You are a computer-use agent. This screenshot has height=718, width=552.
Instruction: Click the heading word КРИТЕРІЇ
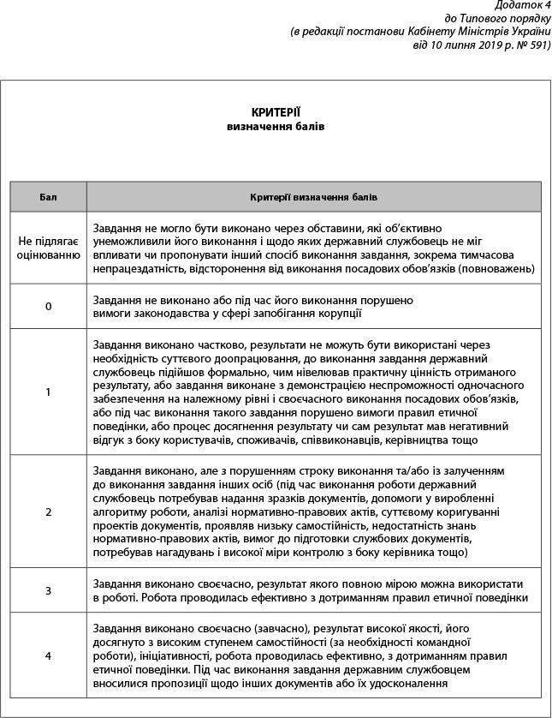[x=276, y=112]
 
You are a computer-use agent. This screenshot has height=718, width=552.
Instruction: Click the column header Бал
[x=48, y=197]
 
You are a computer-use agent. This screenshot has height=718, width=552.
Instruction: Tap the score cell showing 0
[x=48, y=306]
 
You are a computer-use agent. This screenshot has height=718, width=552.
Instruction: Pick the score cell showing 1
[x=48, y=392]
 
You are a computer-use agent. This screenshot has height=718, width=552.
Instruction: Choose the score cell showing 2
[x=48, y=512]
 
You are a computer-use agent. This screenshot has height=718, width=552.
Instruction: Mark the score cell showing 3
[x=48, y=590]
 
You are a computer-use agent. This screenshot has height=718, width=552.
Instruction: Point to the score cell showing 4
[x=48, y=655]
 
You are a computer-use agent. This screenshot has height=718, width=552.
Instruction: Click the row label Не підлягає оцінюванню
[x=48, y=248]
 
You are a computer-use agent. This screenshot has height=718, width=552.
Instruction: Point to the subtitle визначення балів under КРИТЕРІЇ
[x=276, y=126]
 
